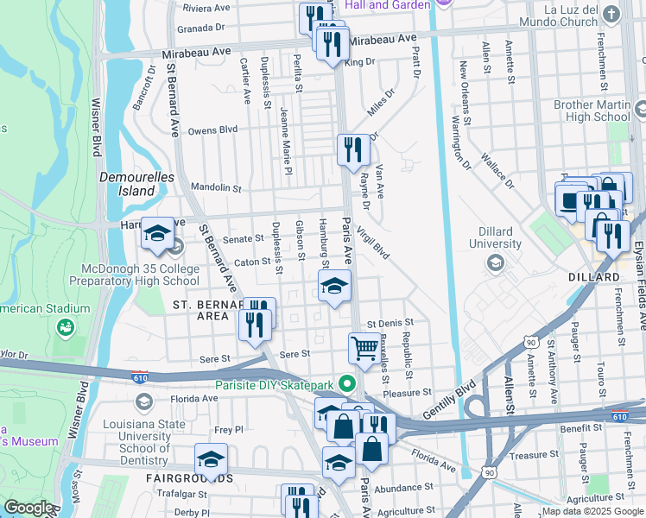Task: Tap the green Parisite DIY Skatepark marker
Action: pyautogui.click(x=348, y=383)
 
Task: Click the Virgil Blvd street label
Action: pyautogui.click(x=372, y=241)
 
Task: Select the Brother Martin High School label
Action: pyautogui.click(x=592, y=111)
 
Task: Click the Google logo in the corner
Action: pyautogui.click(x=28, y=508)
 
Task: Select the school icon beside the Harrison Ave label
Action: pyautogui.click(x=157, y=233)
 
